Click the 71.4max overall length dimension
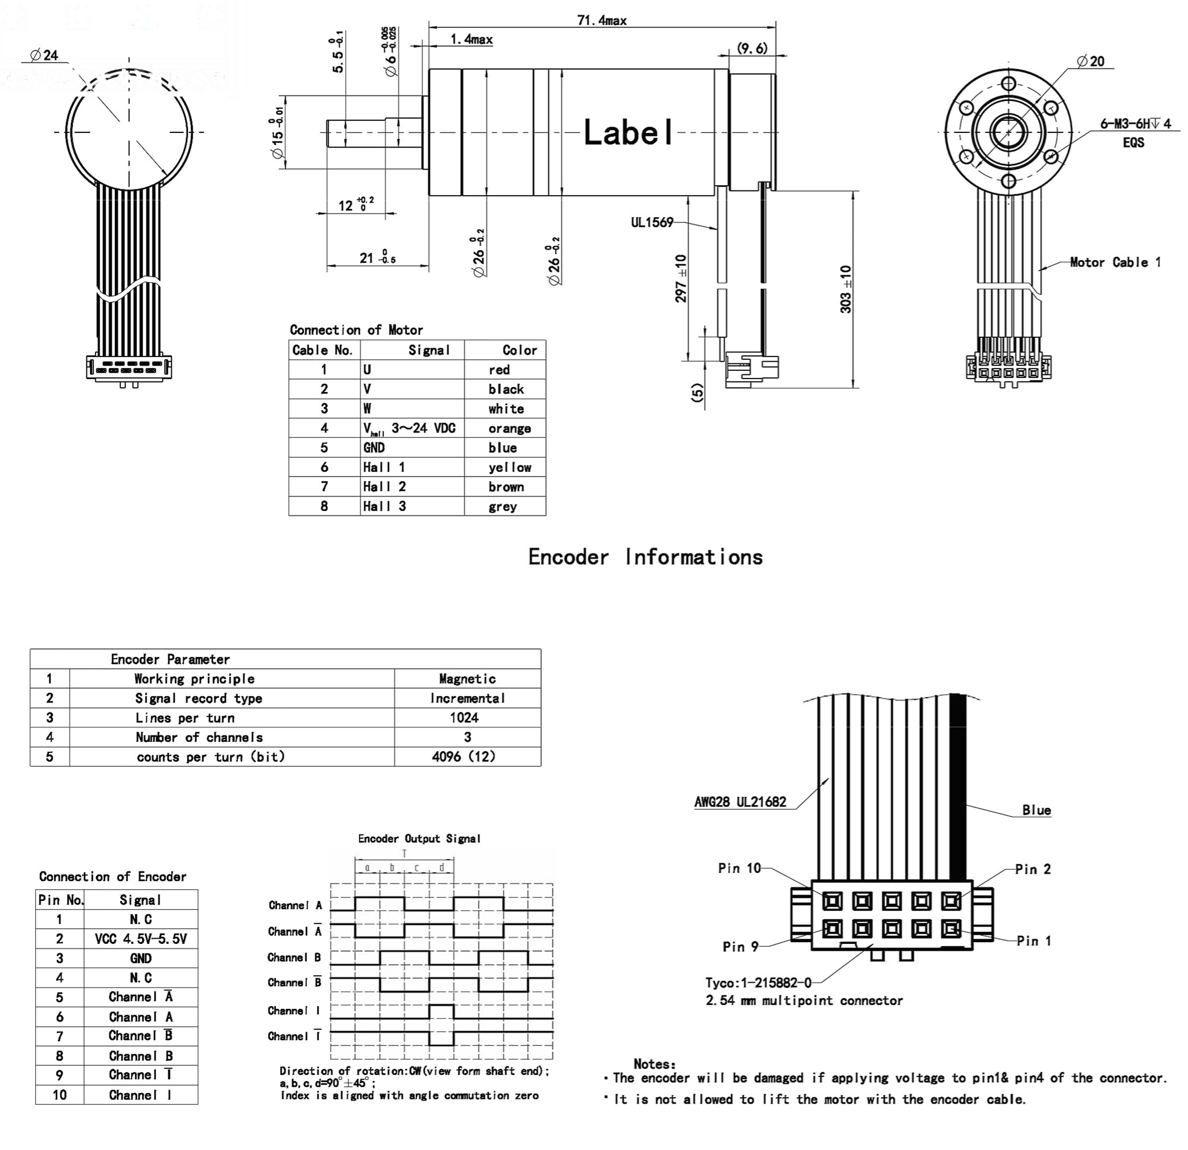pos(602,21)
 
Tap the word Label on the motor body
pos(628,133)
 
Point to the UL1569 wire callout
pos(651,222)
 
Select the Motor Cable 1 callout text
pos(1115,262)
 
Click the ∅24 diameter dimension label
pos(44,55)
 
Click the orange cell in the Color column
pos(509,428)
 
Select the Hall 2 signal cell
pos(384,486)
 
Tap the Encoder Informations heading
pos(645,557)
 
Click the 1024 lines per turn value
pos(463,718)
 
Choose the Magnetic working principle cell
pos(467,679)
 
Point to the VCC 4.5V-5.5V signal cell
pos(140,939)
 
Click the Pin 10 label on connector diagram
pos(739,868)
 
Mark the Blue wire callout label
pos(1036,810)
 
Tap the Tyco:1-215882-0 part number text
pos(758,983)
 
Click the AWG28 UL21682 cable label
pos(740,802)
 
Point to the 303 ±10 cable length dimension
pos(846,289)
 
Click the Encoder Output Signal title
pos(419,839)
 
